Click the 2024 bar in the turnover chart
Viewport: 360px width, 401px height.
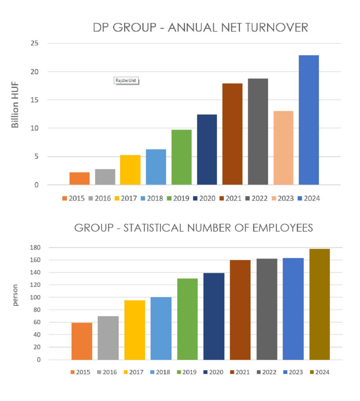pyautogui.click(x=309, y=120)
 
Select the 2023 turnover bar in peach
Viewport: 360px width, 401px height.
pyautogui.click(x=283, y=148)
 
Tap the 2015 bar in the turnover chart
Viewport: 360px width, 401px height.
pyautogui.click(x=79, y=178)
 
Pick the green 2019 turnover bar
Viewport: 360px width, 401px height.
pyautogui.click(x=182, y=157)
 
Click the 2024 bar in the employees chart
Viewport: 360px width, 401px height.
pyautogui.click(x=319, y=304)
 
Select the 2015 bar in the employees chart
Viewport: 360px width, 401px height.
pyautogui.click(x=82, y=341)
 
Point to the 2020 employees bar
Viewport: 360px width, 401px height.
pyautogui.click(x=214, y=316)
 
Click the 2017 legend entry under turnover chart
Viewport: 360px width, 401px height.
pyautogui.click(x=126, y=198)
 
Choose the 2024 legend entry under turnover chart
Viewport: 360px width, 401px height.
pyautogui.click(x=309, y=198)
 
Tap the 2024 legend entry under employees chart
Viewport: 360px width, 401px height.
pyautogui.click(x=319, y=372)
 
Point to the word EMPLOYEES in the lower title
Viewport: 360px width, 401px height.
pyautogui.click(x=277, y=228)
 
